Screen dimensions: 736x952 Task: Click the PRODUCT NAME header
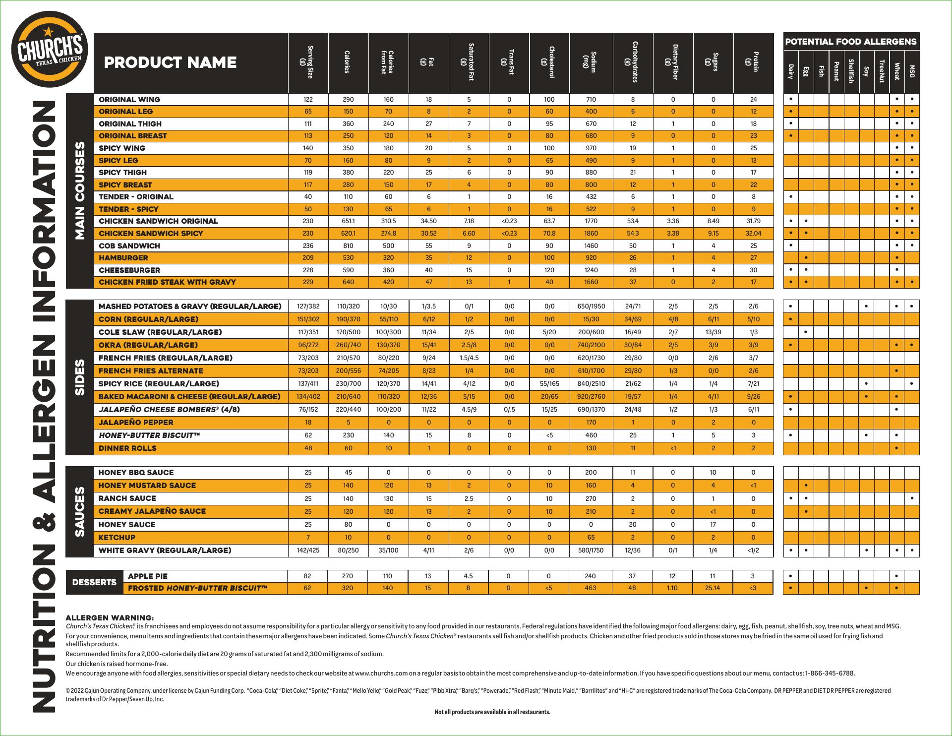click(x=170, y=62)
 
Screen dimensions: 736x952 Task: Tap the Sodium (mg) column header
click(x=591, y=62)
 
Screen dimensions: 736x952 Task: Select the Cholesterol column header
click(x=549, y=62)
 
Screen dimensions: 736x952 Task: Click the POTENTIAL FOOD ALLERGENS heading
click(x=851, y=42)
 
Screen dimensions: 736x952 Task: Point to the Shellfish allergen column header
click(x=851, y=71)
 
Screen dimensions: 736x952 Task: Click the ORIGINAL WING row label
click(x=129, y=99)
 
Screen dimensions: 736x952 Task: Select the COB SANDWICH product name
click(x=129, y=245)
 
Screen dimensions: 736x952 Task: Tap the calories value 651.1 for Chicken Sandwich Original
click(x=348, y=221)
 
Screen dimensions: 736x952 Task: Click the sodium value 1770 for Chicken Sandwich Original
click(x=591, y=221)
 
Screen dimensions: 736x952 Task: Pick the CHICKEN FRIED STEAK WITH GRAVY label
click(x=167, y=282)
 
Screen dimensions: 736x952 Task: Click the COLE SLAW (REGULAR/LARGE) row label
click(x=160, y=332)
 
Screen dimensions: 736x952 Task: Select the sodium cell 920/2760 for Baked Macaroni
click(x=591, y=396)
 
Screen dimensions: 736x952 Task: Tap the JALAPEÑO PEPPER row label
click(x=136, y=422)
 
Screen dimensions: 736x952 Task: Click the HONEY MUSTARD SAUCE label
click(x=147, y=485)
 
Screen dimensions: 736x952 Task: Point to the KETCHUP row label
click(x=117, y=537)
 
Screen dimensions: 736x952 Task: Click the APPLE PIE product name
click(x=148, y=576)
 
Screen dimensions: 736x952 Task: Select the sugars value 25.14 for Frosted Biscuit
click(x=713, y=588)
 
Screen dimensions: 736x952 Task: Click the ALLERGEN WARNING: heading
click(x=110, y=618)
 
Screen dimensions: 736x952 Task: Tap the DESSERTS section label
click(x=94, y=582)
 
